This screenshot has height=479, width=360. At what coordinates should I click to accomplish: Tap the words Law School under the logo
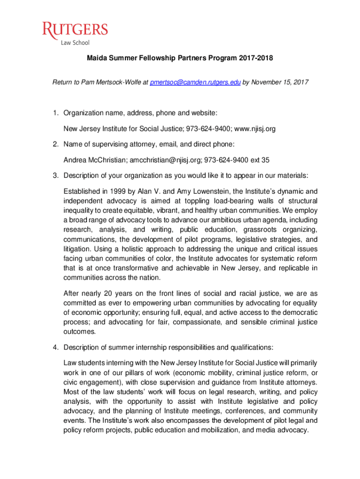tap(75, 44)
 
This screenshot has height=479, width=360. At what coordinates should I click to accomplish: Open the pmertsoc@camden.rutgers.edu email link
tap(195, 83)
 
